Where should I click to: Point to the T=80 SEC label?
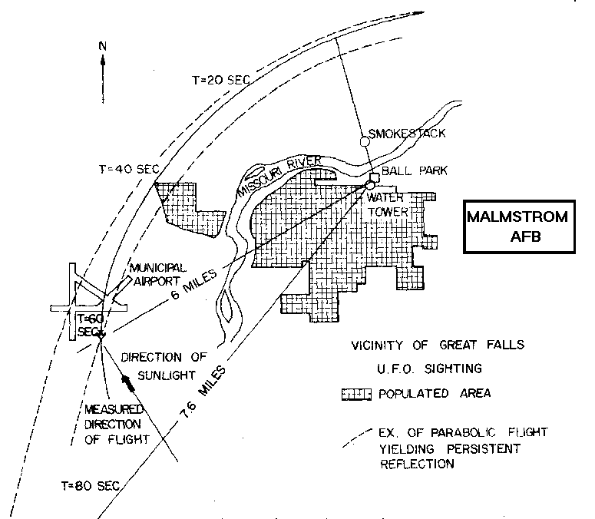(x=88, y=487)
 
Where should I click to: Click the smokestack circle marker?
(x=366, y=140)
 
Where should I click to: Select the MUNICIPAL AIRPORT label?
(x=157, y=275)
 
